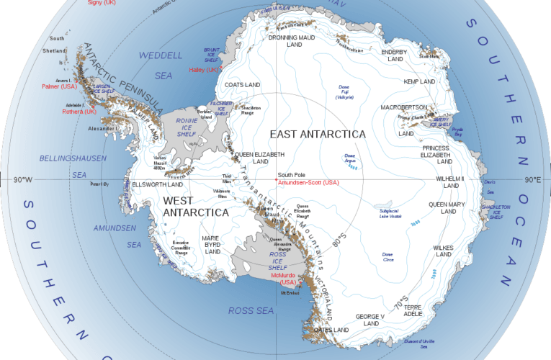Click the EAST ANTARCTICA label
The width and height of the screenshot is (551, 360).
click(317, 134)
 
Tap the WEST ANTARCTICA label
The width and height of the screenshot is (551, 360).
click(195, 206)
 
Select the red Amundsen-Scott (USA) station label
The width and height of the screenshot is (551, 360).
click(308, 183)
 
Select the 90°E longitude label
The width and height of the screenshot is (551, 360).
click(532, 179)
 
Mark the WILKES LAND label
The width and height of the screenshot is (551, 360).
click(443, 251)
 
